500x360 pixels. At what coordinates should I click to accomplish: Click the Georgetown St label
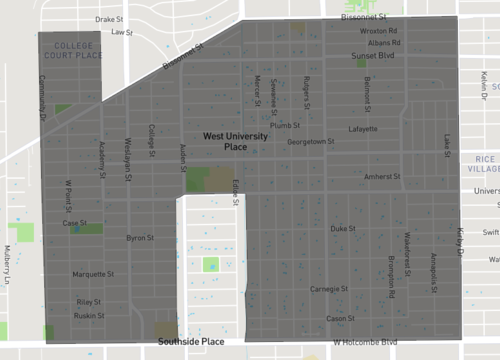pyautogui.click(x=310, y=142)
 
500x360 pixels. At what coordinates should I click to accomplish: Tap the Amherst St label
pyautogui.click(x=382, y=176)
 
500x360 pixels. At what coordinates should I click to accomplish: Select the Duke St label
pyautogui.click(x=343, y=229)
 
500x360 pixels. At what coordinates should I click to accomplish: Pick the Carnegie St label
pyautogui.click(x=327, y=289)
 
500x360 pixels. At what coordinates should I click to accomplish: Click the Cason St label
pyautogui.click(x=341, y=318)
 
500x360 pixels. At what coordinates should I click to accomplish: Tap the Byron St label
pyautogui.click(x=139, y=238)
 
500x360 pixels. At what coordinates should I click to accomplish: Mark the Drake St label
pyautogui.click(x=110, y=18)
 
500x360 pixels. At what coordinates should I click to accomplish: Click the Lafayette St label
pyautogui.click(x=362, y=129)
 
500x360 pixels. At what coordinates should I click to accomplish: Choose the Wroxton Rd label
pyautogui.click(x=379, y=31)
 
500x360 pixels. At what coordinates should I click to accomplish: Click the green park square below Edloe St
pyautogui.click(x=211, y=265)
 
